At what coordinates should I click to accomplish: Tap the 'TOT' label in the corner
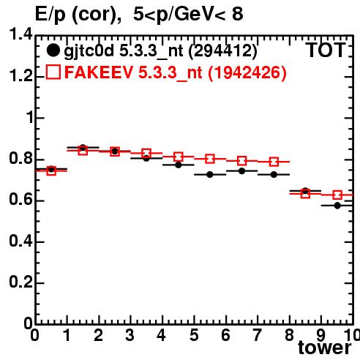325,50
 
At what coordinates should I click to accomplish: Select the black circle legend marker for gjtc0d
53,50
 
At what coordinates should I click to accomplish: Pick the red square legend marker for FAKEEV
53,72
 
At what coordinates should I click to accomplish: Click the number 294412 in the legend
223,50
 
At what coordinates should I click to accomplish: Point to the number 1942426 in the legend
247,72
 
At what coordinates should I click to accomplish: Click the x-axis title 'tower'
325,348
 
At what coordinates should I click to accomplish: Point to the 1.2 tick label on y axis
20,75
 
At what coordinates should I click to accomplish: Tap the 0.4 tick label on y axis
20,241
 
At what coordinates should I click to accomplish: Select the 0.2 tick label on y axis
20,282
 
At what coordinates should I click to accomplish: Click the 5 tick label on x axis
194,335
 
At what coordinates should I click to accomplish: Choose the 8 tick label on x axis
290,335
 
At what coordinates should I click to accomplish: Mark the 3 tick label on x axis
130,335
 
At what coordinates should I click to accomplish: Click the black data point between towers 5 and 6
210,175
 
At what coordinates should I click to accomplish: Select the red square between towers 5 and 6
210,159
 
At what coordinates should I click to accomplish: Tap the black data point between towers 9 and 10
337,206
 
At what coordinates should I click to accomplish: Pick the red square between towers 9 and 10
337,195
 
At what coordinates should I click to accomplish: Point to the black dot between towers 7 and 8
274,175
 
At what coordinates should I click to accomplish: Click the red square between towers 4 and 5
179,157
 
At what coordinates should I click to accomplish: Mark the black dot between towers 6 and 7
241,171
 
